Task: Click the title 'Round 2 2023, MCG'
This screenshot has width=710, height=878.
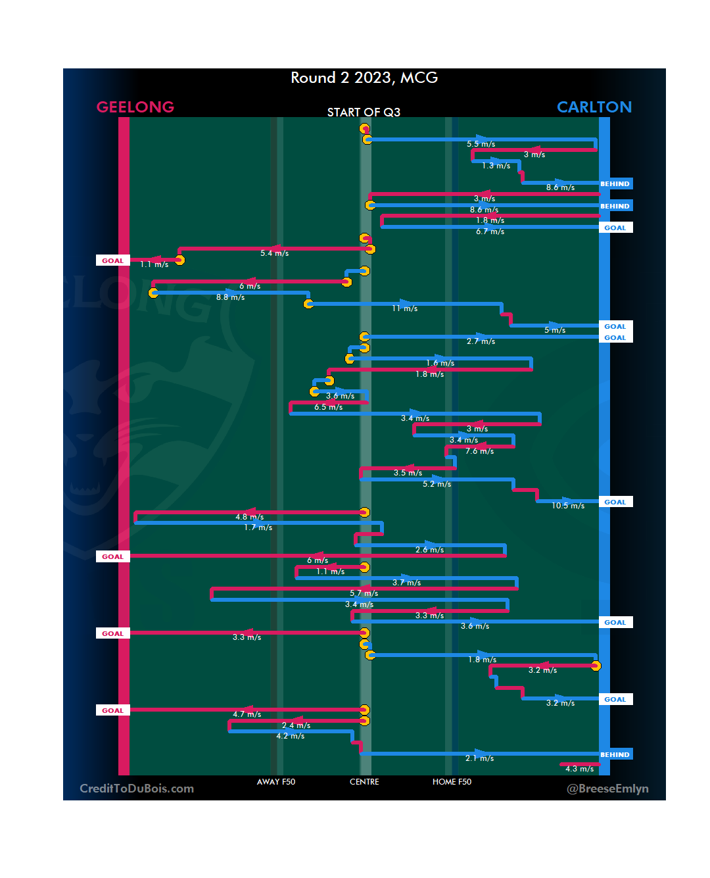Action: pos(364,78)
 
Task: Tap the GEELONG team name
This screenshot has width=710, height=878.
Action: pos(135,107)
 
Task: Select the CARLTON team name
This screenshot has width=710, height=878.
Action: pos(594,107)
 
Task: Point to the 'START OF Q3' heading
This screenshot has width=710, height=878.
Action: pos(364,112)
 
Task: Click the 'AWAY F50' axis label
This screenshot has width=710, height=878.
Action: pos(275,782)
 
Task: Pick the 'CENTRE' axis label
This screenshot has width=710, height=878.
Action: pos(364,782)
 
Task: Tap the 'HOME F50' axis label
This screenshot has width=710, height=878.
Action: pos(452,782)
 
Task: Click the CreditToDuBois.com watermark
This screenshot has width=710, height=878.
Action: pos(137,789)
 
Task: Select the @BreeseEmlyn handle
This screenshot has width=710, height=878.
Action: pos(607,789)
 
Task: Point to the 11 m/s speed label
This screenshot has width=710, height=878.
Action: pos(405,308)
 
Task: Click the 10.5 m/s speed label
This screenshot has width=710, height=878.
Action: pos(568,506)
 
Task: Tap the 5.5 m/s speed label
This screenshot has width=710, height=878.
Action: pos(481,144)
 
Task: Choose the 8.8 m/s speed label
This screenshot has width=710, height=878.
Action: pos(230,297)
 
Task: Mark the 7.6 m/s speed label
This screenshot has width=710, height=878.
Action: pos(480,451)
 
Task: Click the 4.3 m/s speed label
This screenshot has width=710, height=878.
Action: pos(579,769)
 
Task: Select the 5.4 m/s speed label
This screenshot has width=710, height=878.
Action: pos(274,253)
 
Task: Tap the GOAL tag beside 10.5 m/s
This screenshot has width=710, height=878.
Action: pos(615,502)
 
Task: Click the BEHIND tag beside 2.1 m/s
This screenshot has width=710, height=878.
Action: pos(615,754)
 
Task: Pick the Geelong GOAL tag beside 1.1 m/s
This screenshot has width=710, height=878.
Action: pos(112,260)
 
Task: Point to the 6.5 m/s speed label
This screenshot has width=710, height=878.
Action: pos(328,407)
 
